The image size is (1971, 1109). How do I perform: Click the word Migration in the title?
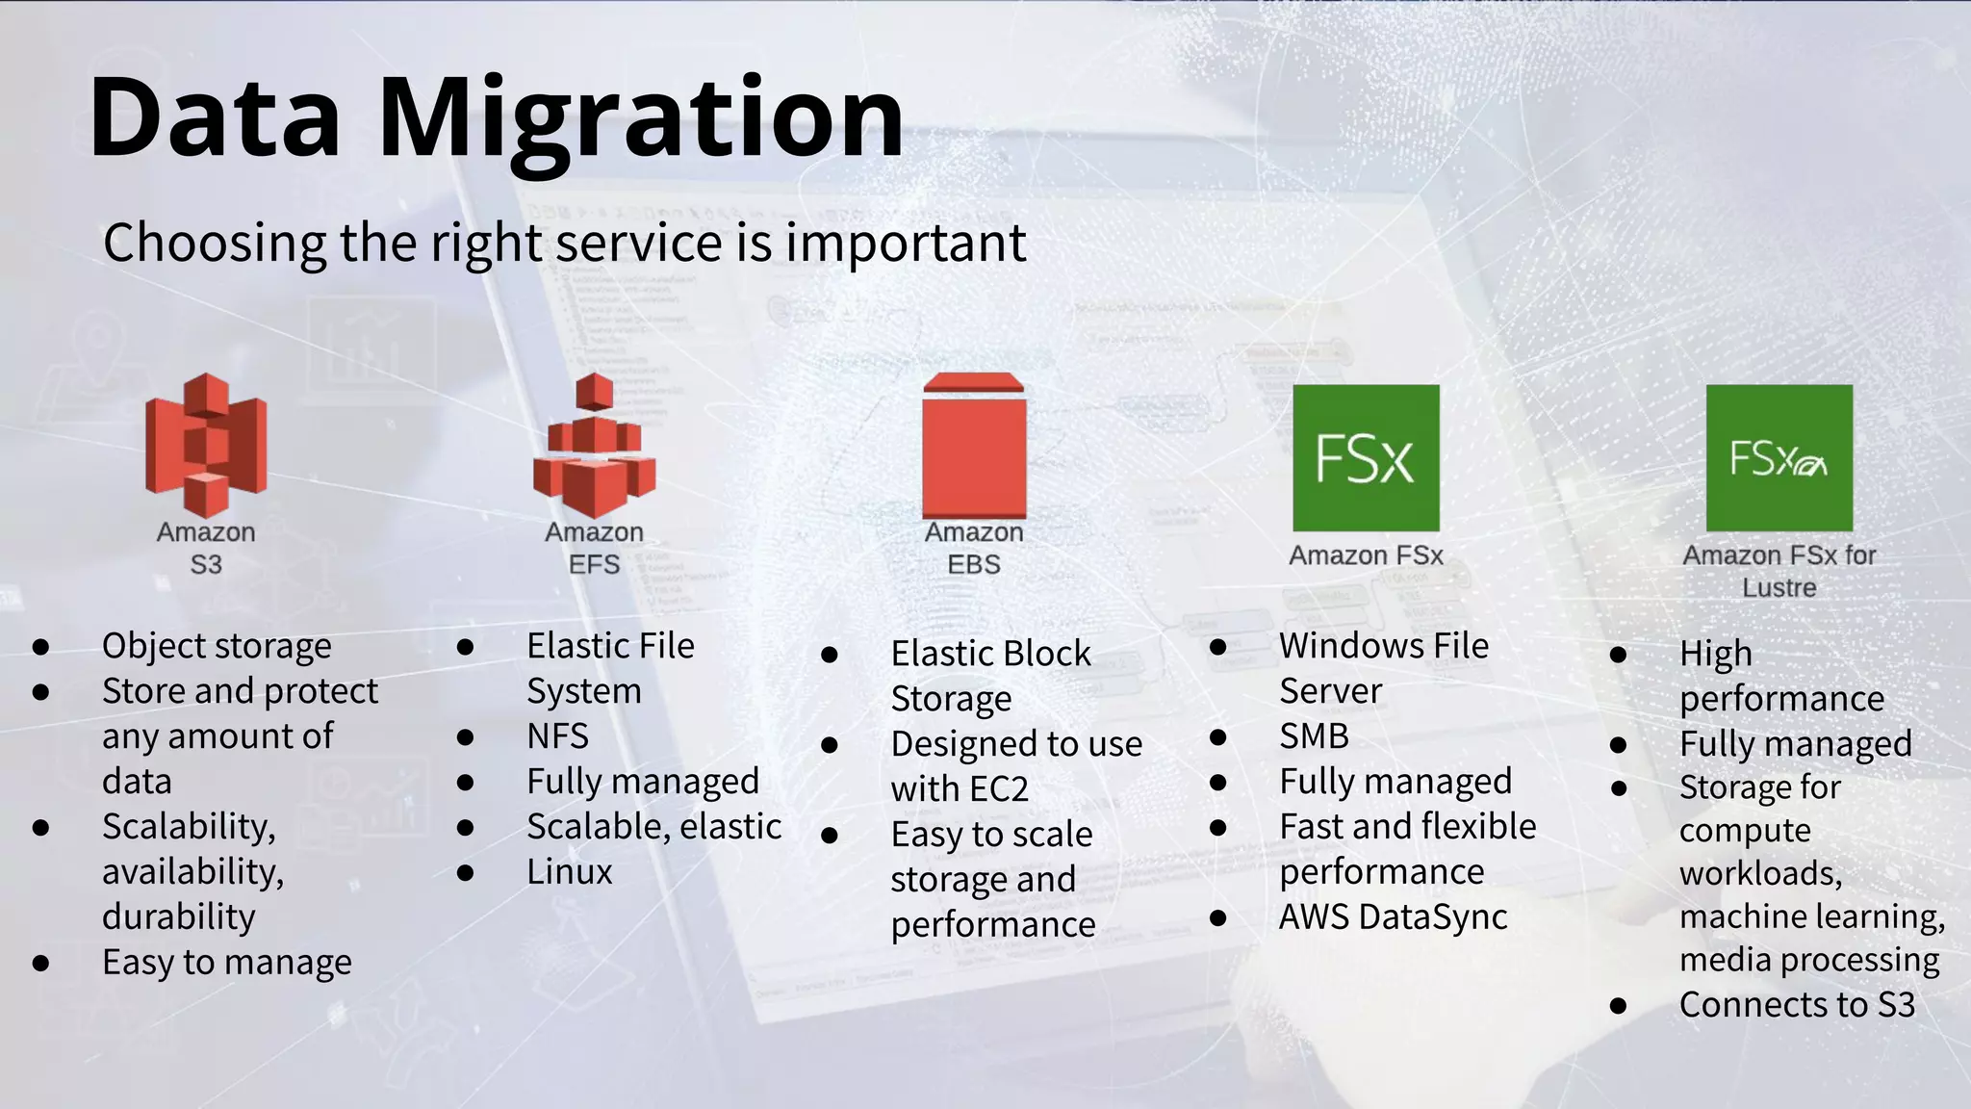640,118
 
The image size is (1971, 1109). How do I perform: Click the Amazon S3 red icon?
206,445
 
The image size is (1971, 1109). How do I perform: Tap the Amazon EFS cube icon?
595,445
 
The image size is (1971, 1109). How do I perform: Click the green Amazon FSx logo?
1366,458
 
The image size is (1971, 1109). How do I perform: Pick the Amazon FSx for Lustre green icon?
1779,458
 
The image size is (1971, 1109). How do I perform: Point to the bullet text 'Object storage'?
217,646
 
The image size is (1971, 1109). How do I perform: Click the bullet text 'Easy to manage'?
227,963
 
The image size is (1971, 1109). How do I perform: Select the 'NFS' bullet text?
557,736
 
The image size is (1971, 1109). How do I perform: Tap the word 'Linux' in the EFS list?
569,872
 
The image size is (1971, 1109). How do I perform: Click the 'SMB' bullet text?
1314,736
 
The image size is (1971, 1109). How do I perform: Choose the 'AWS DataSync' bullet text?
1393,917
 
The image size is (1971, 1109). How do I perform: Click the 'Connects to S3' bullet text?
1797,1005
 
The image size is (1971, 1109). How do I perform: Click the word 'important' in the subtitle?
906,243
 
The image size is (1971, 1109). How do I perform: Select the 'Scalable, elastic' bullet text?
653,827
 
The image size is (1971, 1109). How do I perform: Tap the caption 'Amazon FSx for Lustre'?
1779,571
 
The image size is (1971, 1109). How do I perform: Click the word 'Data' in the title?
215,118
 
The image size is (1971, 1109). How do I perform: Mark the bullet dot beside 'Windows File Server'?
1217,647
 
